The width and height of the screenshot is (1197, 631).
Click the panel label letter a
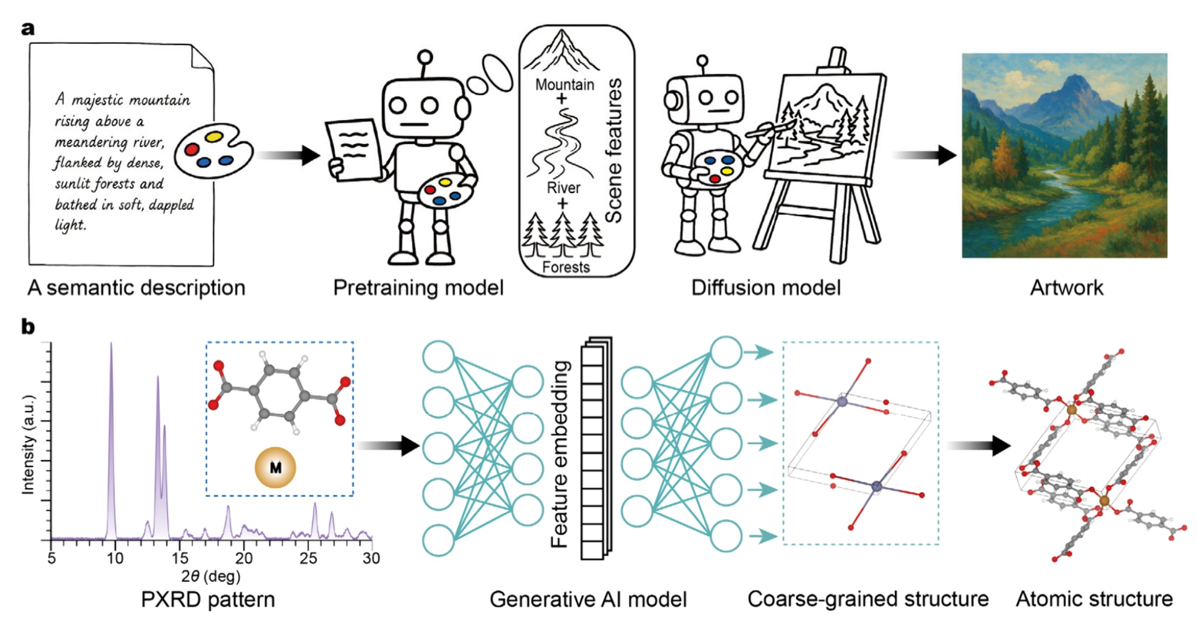click(x=28, y=28)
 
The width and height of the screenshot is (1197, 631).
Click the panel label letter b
click(x=28, y=327)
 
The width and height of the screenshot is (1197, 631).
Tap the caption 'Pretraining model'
click(x=418, y=288)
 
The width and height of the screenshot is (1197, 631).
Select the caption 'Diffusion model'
click(x=765, y=288)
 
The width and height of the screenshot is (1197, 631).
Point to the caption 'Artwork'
click(x=1066, y=288)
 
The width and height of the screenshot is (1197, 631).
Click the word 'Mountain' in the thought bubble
click(x=564, y=85)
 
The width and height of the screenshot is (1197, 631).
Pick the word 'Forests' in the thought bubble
click(x=566, y=267)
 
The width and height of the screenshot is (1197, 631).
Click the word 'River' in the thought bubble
click(x=563, y=188)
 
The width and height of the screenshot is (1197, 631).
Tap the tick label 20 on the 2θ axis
click(x=243, y=558)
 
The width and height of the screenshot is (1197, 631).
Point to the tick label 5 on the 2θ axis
click(x=52, y=558)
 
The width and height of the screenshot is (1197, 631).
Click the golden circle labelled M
click(x=276, y=467)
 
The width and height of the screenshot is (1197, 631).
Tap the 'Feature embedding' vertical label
click(x=560, y=454)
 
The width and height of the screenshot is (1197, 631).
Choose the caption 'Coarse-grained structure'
click(x=868, y=599)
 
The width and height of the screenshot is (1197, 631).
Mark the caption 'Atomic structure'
click(x=1094, y=599)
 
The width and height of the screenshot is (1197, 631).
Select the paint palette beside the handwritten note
click(x=213, y=150)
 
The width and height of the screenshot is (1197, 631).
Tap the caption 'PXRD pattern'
click(x=208, y=600)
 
